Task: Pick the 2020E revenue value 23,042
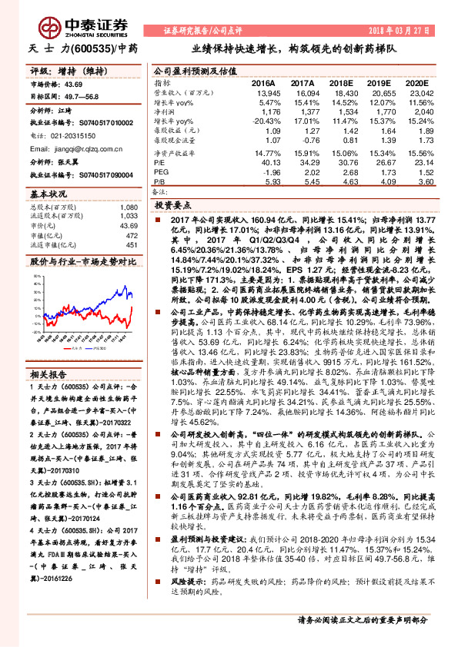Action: click(x=414, y=92)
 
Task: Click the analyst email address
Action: click(x=86, y=149)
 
